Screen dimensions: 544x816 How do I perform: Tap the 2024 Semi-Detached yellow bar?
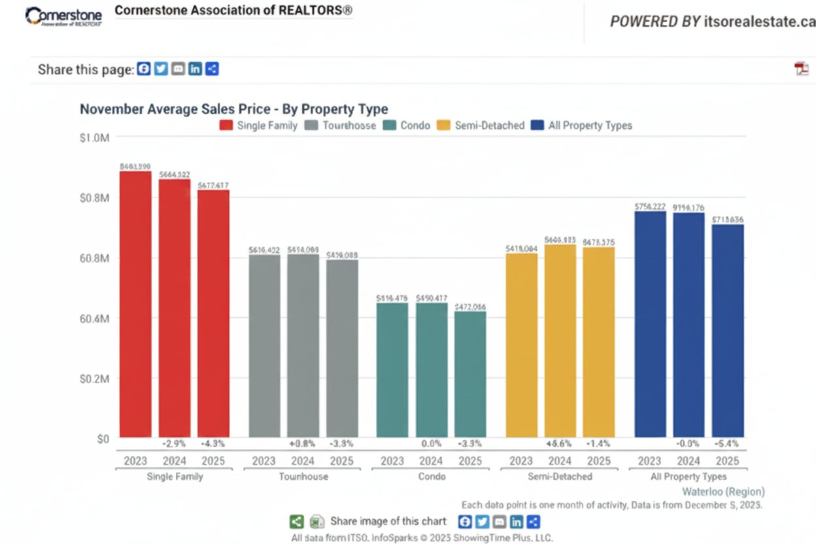[560, 341]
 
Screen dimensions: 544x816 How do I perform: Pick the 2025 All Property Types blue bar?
[728, 330]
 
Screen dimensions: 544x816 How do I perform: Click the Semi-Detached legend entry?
[481, 126]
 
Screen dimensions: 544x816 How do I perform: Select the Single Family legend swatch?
[226, 126]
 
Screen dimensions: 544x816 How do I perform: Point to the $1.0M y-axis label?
[95, 137]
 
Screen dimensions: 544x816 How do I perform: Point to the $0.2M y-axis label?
[95, 379]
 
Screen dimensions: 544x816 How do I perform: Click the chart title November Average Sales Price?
[233, 109]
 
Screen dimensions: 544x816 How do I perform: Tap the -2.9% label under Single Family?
[175, 443]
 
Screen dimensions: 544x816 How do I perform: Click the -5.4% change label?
[728, 443]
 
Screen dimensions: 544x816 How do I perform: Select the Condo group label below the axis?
[432, 477]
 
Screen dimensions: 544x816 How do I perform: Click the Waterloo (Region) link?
[723, 492]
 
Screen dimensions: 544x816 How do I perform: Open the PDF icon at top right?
[802, 69]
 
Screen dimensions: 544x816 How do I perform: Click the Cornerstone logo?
[63, 16]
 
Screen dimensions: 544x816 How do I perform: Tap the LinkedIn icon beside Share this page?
[195, 69]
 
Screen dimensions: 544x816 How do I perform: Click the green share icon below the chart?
[297, 522]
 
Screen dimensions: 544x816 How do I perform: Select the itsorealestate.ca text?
[759, 22]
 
